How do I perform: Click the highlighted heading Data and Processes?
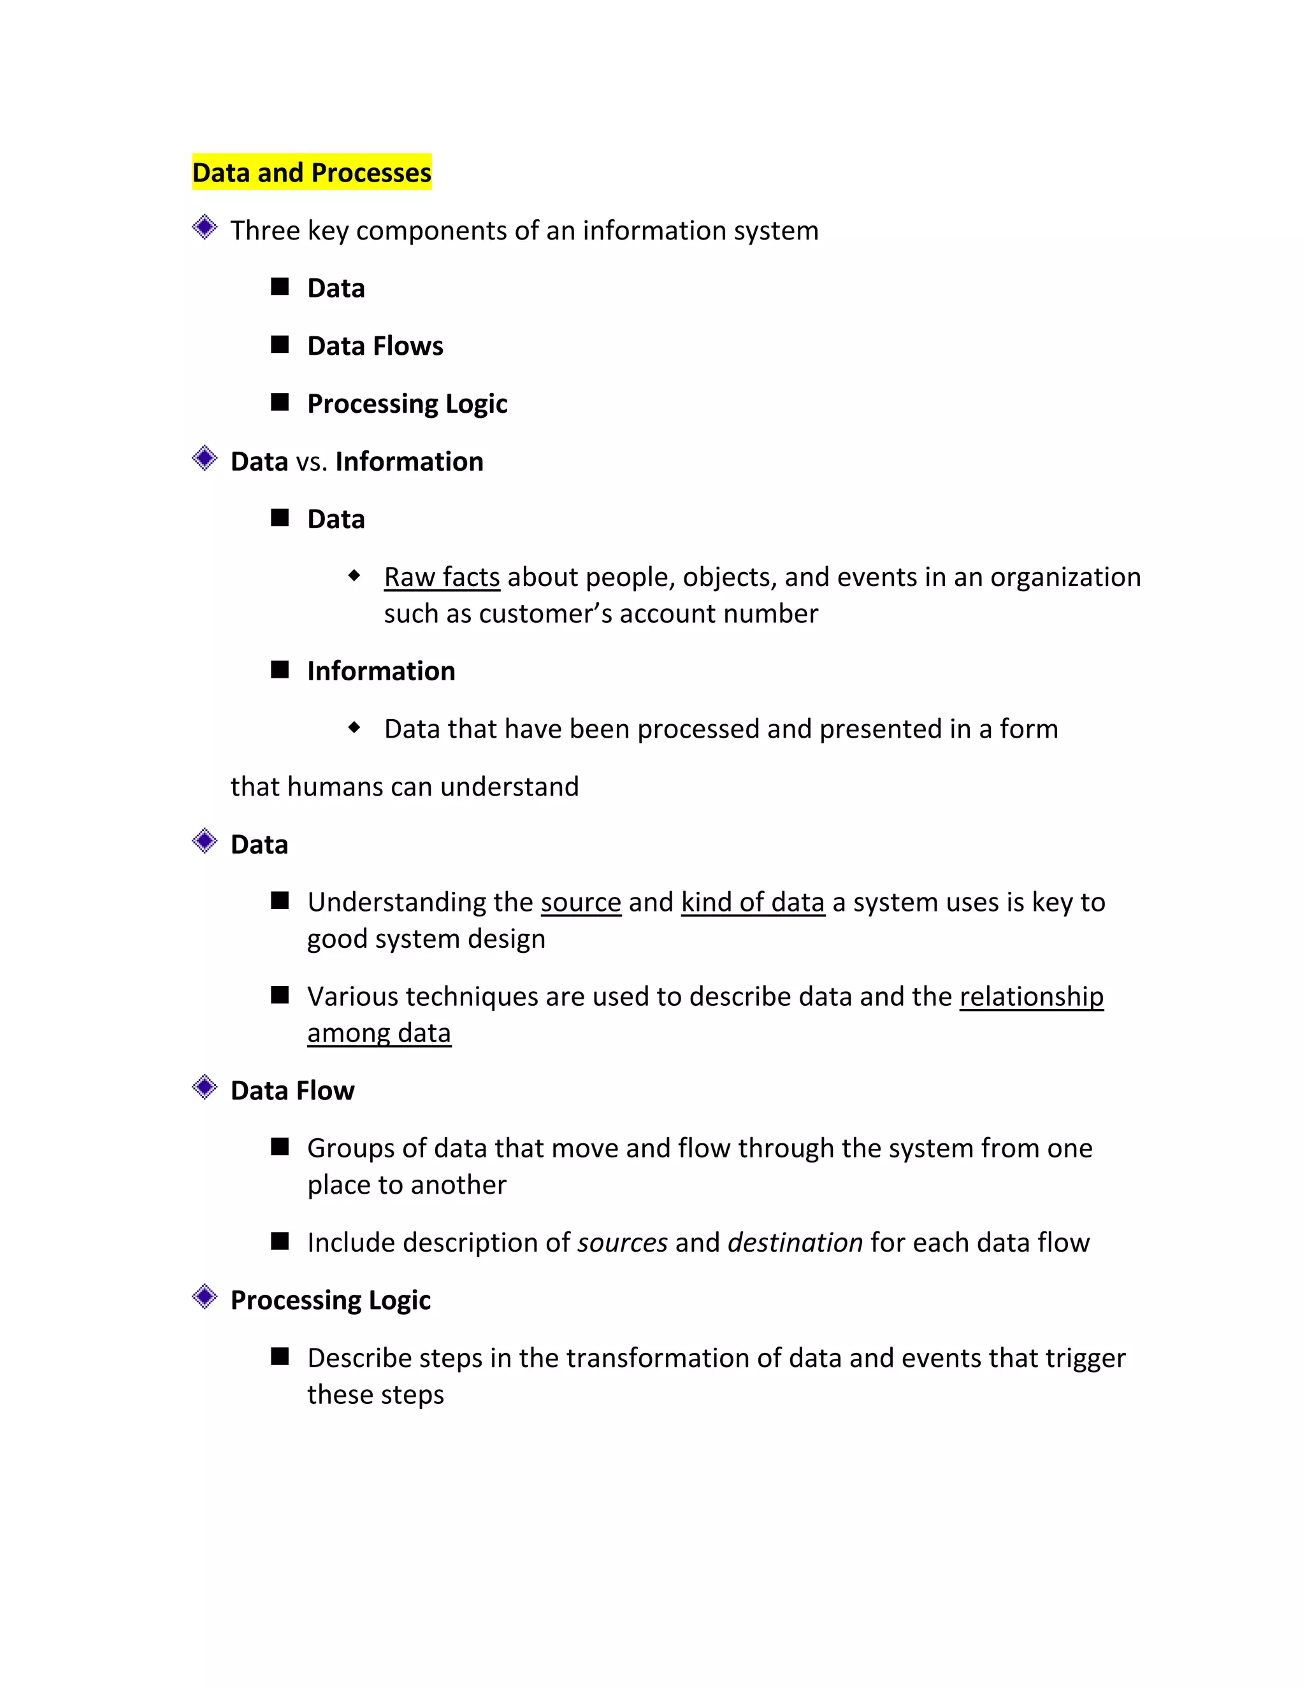pos(312,173)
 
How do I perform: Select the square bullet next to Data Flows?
pos(280,345)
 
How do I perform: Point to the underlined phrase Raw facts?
pos(442,577)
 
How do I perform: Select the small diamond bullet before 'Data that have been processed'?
pos(354,727)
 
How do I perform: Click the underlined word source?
pos(580,903)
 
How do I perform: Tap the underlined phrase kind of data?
pos(753,903)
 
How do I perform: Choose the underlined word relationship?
pos(1032,997)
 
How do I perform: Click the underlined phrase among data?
pos(379,1033)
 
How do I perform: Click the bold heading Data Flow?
pos(292,1091)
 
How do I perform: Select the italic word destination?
pos(795,1243)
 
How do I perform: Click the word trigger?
pos(1086,1359)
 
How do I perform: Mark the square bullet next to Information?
pos(280,669)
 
